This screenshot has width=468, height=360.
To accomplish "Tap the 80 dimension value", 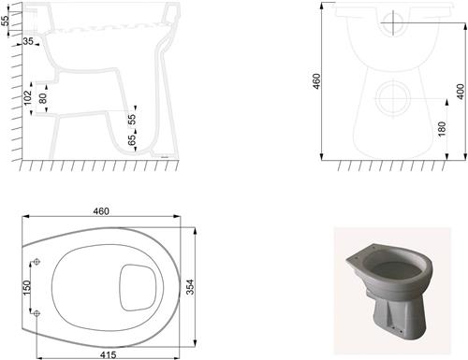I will click(42, 96).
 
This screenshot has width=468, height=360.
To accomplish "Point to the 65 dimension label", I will click(132, 141).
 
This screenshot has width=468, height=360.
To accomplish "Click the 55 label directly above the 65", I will click(132, 121).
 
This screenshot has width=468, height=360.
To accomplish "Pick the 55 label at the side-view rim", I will click(5, 21).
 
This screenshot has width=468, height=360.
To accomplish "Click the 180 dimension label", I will click(441, 129).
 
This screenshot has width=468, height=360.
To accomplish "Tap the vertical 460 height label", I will click(315, 81).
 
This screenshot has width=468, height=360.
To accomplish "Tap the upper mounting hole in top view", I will click(37, 262).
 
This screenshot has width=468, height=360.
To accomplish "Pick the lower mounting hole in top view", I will click(37, 314).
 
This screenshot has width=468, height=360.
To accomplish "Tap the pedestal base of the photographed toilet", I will click(392, 318).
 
